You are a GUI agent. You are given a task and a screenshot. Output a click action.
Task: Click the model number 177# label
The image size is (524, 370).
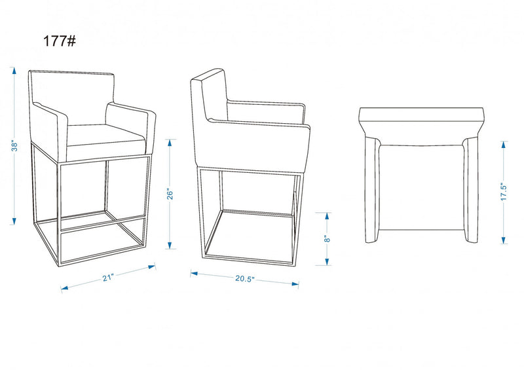tap(60, 41)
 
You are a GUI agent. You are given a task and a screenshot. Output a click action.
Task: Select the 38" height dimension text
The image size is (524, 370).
tap(14, 146)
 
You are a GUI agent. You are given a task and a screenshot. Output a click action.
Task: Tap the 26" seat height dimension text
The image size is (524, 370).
tap(170, 194)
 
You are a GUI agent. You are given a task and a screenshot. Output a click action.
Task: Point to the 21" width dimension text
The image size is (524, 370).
tap(108, 278)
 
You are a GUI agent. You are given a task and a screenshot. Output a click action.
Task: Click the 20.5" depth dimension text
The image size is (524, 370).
tap(244, 279)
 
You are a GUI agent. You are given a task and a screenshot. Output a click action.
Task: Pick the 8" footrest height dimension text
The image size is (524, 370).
tap(327, 238)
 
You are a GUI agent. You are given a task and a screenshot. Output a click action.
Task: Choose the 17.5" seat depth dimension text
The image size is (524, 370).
tap(504, 191)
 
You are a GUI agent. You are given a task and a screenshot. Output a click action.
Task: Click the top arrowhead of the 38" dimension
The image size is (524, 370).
tap(14, 71)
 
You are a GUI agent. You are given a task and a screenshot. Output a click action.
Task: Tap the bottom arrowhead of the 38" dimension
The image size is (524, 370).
tap(14, 221)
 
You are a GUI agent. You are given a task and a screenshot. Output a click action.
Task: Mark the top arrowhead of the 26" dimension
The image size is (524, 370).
tap(170, 143)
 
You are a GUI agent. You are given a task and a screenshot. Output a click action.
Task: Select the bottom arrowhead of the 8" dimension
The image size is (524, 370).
tap(327, 262)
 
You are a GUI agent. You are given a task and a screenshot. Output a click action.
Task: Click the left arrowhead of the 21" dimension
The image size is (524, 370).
tap(64, 287)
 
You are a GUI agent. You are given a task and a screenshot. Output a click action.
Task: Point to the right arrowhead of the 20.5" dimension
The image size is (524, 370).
tap(295, 284)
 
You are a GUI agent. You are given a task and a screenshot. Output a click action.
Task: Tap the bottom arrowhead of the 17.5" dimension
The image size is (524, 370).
tap(503, 240)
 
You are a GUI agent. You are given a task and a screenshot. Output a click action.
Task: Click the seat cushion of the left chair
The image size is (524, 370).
tap(106, 137)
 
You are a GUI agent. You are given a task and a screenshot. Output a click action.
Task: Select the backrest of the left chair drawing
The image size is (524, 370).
tap(73, 97)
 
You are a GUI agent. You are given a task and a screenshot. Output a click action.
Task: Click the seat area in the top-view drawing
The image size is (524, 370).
tap(421, 187)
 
